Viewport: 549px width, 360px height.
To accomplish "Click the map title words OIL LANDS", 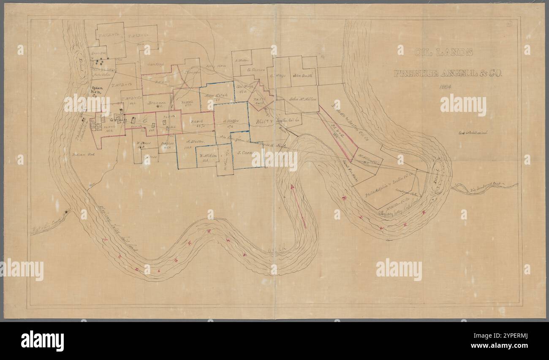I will click(x=443, y=52).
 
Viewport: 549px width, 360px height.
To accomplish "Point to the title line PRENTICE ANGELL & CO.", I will click(x=448, y=73).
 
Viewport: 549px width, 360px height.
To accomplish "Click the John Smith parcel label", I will click(x=302, y=76).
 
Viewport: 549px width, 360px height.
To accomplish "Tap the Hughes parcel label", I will click(x=168, y=143).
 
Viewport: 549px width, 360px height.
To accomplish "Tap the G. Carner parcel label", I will click(x=256, y=69).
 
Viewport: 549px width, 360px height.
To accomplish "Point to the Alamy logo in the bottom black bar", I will click(x=43, y=341).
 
